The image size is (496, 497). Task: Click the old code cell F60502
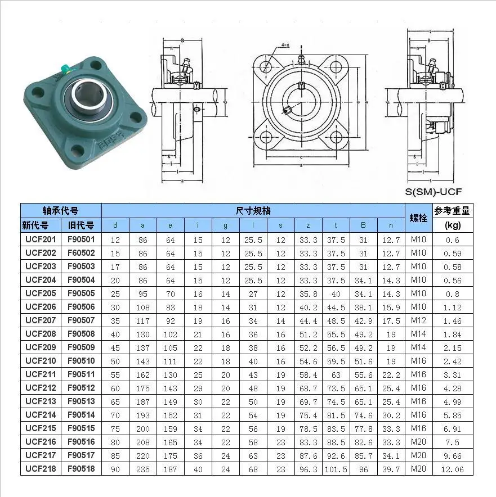coord(81,253)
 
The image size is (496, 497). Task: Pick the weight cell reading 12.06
coord(453,469)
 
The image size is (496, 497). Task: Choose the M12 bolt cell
coord(418,320)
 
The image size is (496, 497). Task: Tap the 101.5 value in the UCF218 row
coord(336,469)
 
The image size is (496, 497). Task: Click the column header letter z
coord(309,225)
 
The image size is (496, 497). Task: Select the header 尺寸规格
coord(253,211)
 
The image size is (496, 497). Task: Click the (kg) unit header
coord(453,225)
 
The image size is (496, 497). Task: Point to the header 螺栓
coord(418,218)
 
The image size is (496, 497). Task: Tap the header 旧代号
coord(81,225)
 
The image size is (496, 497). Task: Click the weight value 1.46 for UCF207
coord(453,320)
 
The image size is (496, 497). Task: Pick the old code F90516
coord(81,442)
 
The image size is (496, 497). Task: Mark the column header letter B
coord(364,225)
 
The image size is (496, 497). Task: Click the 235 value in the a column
coord(143,469)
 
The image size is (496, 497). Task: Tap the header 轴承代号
coord(61,211)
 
